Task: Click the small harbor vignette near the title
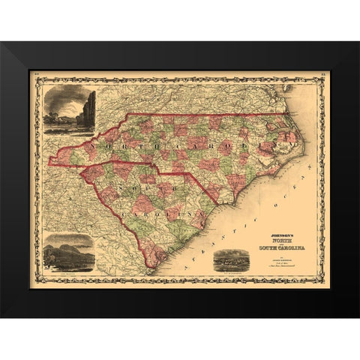click(230, 260)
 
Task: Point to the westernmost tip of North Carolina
click(49, 160)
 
